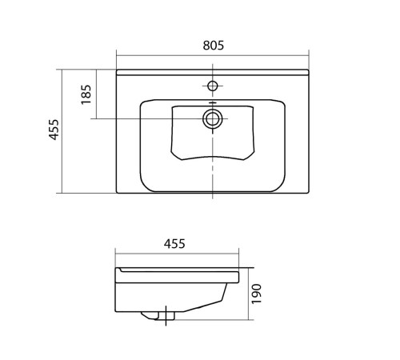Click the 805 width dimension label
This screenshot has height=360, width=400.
(214, 46)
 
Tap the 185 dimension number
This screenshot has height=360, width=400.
(86, 94)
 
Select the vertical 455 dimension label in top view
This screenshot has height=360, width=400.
(54, 130)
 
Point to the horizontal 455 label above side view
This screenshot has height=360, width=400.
(174, 244)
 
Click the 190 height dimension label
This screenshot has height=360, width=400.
(257, 294)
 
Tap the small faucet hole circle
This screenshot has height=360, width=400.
(213, 86)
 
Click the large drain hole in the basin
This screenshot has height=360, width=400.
(213, 118)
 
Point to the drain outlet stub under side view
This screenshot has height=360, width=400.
(158, 316)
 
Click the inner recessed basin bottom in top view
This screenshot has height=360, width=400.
(213, 133)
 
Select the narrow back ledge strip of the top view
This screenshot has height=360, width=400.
(213, 72)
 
